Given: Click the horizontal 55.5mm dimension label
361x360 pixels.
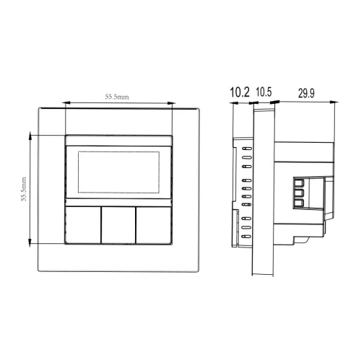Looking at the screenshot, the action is click(117, 97).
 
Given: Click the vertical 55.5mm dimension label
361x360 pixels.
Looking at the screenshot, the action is click(24, 189).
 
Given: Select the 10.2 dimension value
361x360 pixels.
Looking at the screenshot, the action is click(240, 92).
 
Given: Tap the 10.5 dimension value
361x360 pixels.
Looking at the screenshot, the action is click(264, 92).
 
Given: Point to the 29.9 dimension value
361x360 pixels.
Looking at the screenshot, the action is click(306, 93).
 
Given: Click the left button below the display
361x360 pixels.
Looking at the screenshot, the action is click(83, 225).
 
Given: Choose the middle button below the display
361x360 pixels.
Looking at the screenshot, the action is click(118, 225).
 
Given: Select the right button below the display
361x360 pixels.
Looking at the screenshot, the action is click(154, 225).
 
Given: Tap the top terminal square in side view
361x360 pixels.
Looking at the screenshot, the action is click(299, 183).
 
